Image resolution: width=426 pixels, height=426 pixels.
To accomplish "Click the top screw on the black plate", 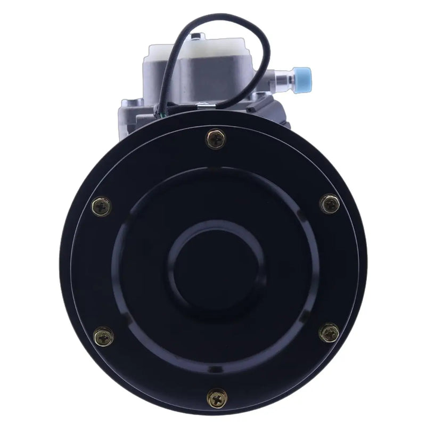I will [216, 139].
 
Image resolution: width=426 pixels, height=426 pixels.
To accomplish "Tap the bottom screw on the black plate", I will [217, 397].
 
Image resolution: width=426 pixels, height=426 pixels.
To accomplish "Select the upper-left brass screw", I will [102, 206].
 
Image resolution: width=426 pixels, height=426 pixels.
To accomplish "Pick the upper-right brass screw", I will [330, 203].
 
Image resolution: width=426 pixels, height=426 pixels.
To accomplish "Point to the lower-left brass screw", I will [103, 336].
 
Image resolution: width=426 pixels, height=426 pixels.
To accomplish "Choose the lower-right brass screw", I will [329, 333].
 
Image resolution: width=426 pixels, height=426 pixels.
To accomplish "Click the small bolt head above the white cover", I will [198, 36].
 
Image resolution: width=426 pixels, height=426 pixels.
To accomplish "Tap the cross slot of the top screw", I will [216, 139].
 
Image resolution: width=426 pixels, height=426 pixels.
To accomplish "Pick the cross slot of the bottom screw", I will [217, 397].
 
